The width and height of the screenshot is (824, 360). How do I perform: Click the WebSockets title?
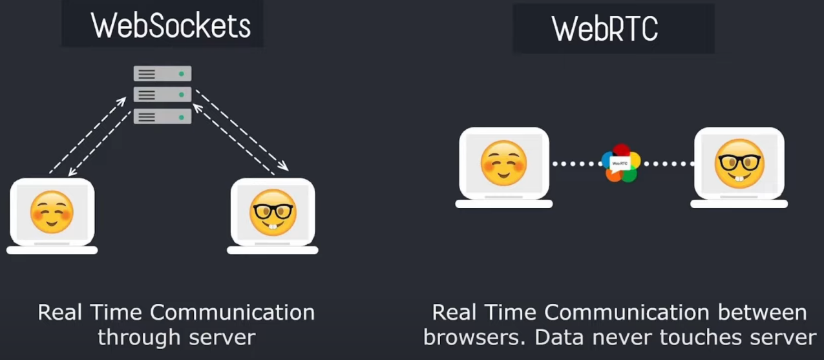170,26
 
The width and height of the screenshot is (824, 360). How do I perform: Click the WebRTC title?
605,30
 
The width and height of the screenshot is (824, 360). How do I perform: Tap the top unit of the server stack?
162,74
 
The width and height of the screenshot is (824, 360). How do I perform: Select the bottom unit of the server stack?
162,117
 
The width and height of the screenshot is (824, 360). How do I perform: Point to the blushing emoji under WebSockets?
52,211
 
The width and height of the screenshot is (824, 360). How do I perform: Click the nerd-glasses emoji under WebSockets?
273,212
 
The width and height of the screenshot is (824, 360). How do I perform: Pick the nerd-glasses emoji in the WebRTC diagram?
739,163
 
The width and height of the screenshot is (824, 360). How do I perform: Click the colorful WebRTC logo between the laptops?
620,164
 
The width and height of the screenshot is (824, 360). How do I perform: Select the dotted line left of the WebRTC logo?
576,164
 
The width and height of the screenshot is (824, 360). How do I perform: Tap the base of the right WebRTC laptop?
739,204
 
